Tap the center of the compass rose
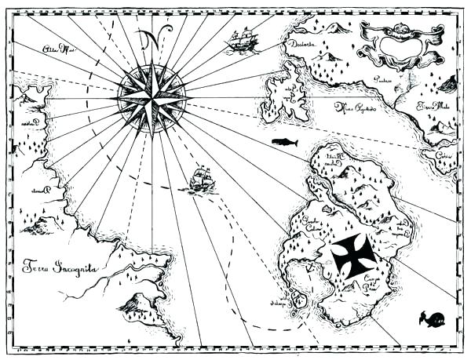(x=151, y=96)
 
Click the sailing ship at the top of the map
(x=243, y=40)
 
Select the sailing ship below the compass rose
(x=202, y=180)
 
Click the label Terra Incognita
(x=60, y=269)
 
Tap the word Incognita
(x=75, y=270)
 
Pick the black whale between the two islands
(x=284, y=142)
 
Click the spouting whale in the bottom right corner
(x=432, y=318)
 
